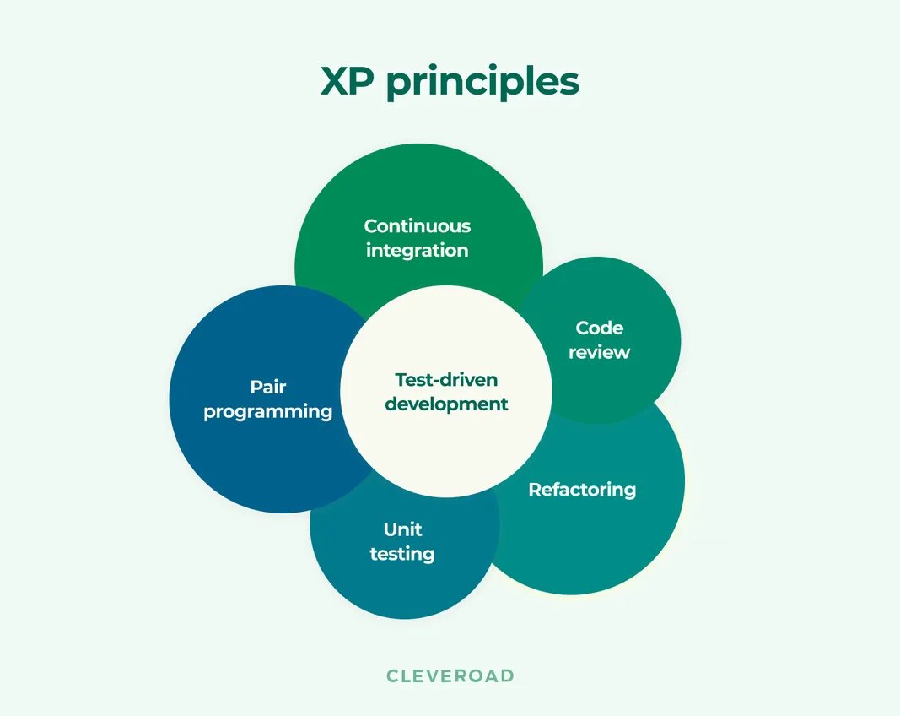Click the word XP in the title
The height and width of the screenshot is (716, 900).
[348, 81]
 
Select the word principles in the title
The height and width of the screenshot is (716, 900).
[482, 83]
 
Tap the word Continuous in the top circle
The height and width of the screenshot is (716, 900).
[418, 226]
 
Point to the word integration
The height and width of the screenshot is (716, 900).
[417, 251]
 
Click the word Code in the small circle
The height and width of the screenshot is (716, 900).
[600, 328]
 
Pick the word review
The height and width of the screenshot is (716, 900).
[599, 352]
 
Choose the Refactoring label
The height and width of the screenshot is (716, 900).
[582, 490]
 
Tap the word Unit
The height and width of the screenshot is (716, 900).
[402, 529]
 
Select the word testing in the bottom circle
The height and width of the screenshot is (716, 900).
[402, 554]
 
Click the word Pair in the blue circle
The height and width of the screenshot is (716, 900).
[268, 387]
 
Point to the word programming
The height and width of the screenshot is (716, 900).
[268, 412]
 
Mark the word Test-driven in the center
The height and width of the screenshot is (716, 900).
[446, 379]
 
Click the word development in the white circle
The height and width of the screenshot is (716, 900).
[446, 404]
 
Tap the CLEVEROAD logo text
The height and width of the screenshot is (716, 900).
[450, 675]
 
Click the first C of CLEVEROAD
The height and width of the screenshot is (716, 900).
[392, 675]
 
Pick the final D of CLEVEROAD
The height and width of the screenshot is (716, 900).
[508, 675]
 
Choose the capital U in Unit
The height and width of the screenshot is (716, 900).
[390, 529]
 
